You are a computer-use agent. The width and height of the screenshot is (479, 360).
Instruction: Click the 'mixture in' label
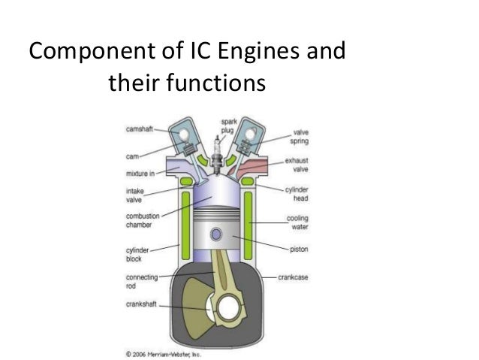pos(140,172)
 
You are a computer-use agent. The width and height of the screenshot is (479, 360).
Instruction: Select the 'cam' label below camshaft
pos(131,158)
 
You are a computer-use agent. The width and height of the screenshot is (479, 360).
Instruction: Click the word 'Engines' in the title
pos(241,53)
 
